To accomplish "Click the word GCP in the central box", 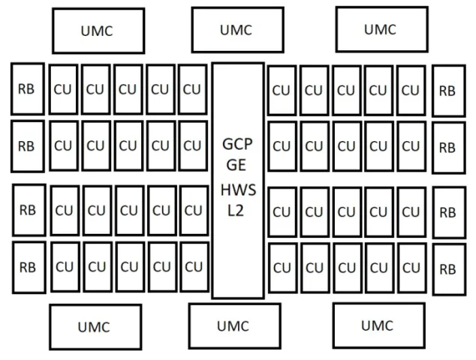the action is coord(237,144).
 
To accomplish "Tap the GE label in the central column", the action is coord(236,165).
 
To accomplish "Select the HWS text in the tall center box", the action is coord(238,190).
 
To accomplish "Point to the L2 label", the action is coord(236,211).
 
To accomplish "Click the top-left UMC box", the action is coord(98,31).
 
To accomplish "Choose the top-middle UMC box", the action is coord(238,30).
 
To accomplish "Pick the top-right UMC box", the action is coord(382,29).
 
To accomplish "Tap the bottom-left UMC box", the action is coord(95,327).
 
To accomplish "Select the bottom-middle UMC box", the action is coord(235,326).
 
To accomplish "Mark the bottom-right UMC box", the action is coord(379,325).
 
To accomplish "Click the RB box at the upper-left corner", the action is coord(28,88).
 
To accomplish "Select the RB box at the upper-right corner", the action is coord(449,91).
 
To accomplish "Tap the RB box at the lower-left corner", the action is coord(29,268).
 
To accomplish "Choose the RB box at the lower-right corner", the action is coord(449,269).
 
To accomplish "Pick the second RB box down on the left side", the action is coord(28,146).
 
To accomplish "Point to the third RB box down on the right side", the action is coord(449,212).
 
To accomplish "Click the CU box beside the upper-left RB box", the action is coord(64,89).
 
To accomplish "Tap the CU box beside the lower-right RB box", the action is coord(412,268).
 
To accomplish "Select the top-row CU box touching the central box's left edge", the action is coord(193,89).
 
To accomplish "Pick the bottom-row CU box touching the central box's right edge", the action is coord(283,268).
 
